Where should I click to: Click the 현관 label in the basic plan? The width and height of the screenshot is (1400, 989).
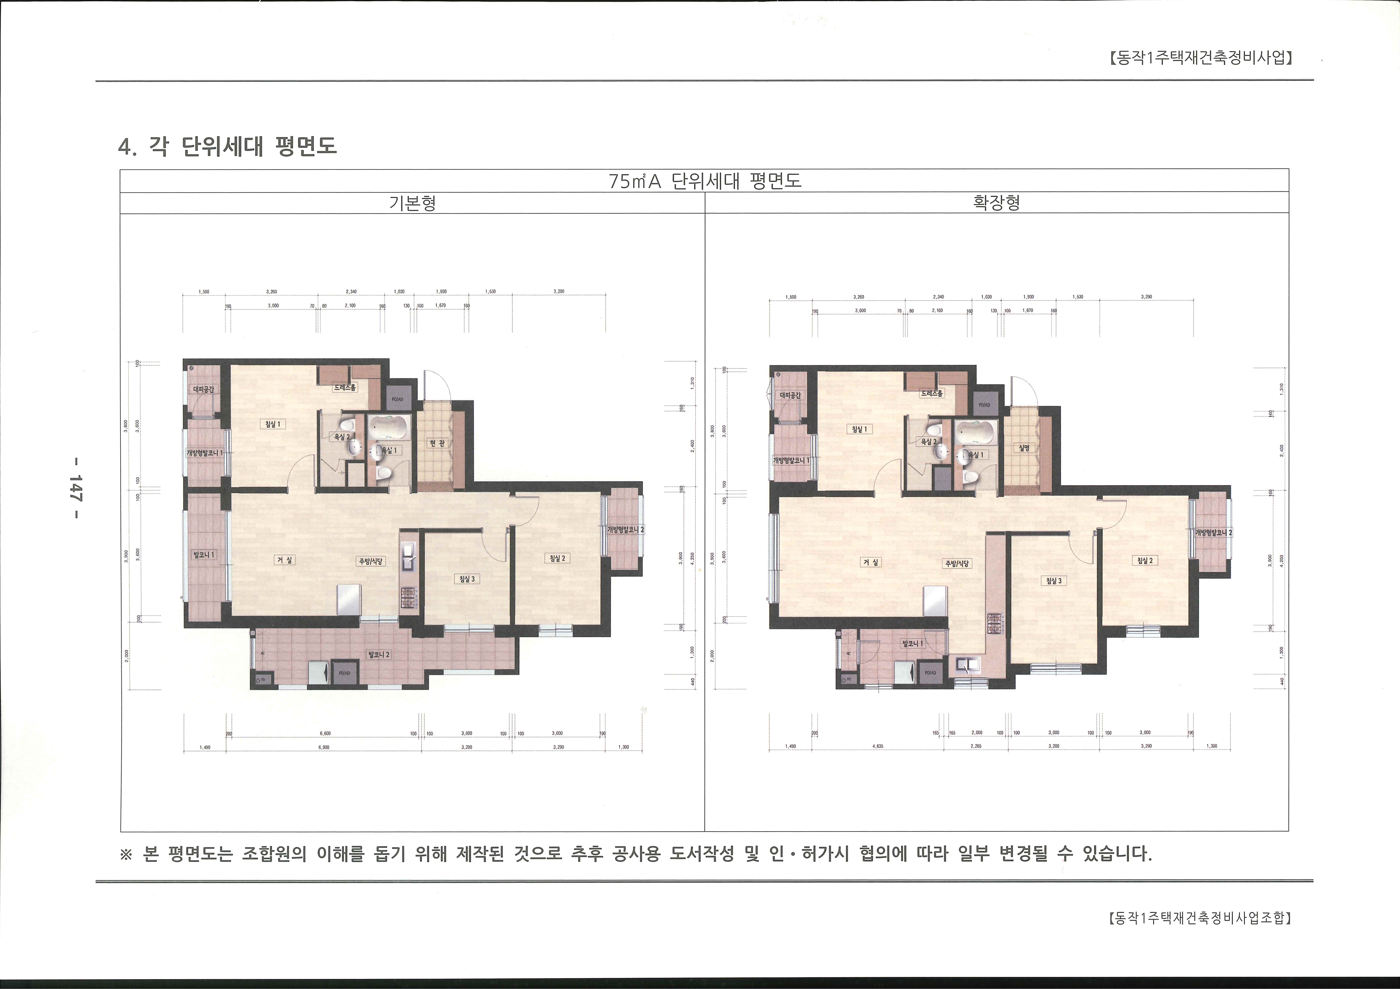pos(437,443)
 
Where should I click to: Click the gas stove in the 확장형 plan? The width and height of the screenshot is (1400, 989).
pos(995,624)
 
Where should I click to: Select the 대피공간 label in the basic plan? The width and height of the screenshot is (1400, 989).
pos(204,389)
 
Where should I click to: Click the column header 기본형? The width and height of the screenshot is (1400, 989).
pos(412,203)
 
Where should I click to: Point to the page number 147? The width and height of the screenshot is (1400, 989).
pos(76,487)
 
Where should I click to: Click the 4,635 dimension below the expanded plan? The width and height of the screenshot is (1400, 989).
pos(879,746)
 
